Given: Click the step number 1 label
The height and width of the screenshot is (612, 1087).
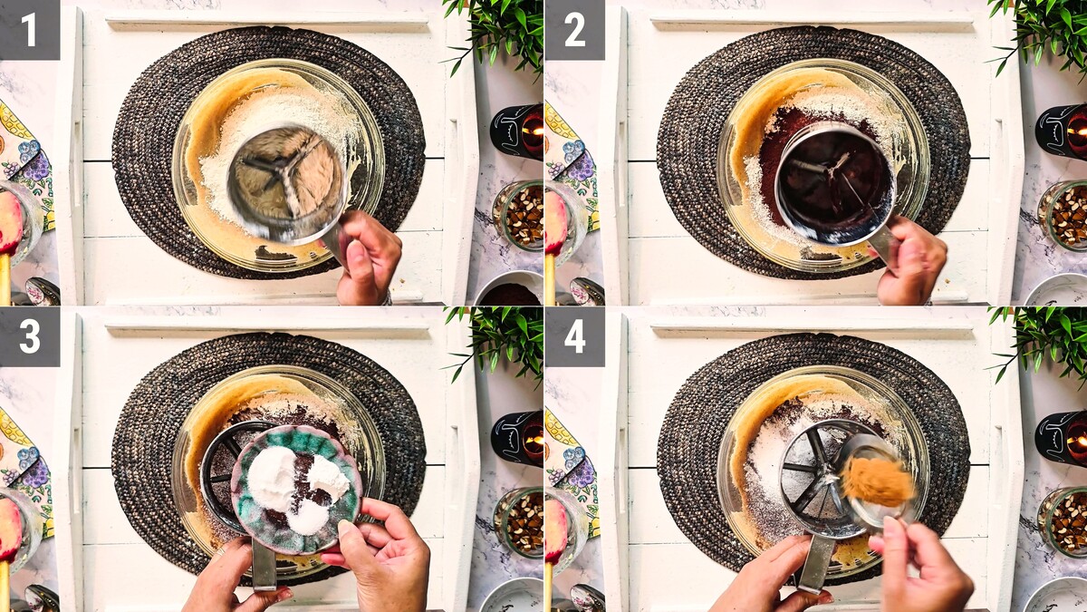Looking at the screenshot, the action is (30, 30).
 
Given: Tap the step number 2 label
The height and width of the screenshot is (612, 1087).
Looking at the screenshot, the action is (575, 30).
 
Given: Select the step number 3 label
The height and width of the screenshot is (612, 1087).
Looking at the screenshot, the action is (30, 336).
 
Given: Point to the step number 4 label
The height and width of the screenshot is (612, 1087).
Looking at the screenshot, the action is (575, 336).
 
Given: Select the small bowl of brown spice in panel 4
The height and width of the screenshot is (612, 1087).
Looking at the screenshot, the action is (878, 481).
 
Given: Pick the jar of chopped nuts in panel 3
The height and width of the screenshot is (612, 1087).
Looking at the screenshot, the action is (518, 522).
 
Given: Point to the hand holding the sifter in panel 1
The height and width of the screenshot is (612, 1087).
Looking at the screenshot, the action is (368, 257).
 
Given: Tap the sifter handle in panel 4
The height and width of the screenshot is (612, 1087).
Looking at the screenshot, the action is (815, 563).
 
